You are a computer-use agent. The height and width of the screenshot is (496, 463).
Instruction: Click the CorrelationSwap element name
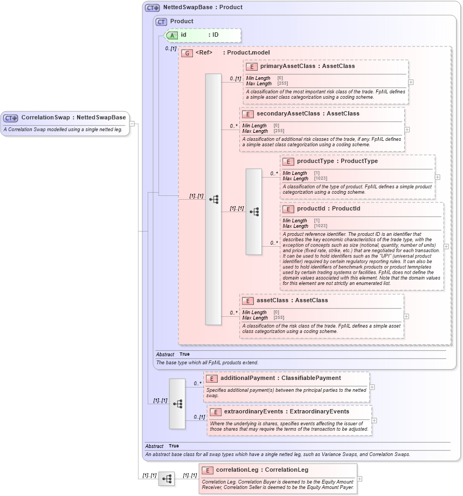(x=46, y=118)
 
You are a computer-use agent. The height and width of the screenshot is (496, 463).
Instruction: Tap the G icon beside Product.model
(x=187, y=53)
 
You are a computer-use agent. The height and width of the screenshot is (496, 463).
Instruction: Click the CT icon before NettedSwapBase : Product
(x=153, y=8)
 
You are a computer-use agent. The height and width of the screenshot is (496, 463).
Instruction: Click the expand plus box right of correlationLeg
(x=360, y=479)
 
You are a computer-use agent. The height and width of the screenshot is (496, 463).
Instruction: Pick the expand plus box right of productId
(x=446, y=247)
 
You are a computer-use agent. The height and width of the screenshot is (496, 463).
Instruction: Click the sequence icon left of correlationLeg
(x=167, y=479)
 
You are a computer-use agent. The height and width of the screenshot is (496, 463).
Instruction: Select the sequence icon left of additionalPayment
(x=177, y=404)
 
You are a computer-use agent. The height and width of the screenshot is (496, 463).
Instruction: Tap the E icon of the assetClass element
(x=248, y=301)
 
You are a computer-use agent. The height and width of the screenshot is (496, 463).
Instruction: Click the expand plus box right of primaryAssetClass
(x=411, y=82)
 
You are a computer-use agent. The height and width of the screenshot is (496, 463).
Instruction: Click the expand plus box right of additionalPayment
(x=372, y=387)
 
